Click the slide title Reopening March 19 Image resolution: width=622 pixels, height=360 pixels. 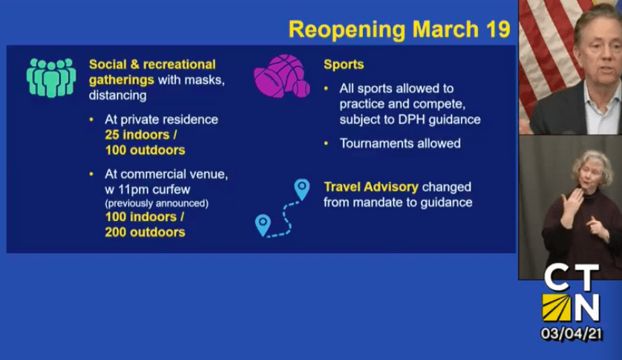click(x=399, y=30)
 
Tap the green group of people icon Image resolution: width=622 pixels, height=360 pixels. click(x=51, y=77)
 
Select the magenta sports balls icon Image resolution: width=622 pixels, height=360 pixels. click(x=282, y=76)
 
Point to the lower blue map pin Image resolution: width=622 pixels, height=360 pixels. click(x=263, y=225)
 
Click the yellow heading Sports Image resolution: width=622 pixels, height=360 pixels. click(x=344, y=65)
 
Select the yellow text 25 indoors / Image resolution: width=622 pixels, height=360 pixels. click(x=141, y=135)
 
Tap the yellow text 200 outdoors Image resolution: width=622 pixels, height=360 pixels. click(x=145, y=232)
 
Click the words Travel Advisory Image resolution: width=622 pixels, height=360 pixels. click(x=371, y=187)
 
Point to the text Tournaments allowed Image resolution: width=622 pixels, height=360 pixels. click(x=400, y=143)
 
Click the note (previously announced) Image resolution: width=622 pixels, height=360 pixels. click(x=157, y=203)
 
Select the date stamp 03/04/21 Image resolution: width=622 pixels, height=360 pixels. click(x=572, y=334)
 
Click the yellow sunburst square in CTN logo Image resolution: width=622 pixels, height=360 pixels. click(x=556, y=307)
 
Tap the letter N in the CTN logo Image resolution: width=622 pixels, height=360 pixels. click(x=586, y=307)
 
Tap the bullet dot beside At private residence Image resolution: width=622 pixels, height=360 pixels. click(x=91, y=119)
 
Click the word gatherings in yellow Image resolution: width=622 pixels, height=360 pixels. click(x=122, y=80)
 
